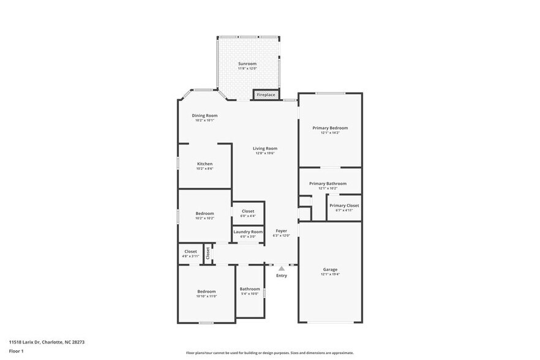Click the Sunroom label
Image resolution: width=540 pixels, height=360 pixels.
[247, 64]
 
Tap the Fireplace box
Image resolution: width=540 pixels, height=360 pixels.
[266, 95]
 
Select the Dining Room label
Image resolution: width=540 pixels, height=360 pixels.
[204, 116]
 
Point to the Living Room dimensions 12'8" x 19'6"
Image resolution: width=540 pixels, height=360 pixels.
[265, 153]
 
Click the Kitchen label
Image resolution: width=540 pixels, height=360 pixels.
[204, 164]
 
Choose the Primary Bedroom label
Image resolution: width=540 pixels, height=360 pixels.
[330, 128]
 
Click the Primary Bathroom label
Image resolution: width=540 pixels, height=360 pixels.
[328, 184]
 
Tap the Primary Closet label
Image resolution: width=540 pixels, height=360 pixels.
[344, 206]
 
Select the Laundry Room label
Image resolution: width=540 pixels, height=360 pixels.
[248, 232]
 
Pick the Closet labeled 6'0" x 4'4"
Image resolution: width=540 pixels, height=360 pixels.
[248, 211]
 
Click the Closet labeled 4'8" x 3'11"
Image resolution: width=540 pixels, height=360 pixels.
[191, 252]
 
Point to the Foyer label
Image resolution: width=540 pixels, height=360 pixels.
[281, 231]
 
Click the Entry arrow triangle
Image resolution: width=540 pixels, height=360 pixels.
[282, 268]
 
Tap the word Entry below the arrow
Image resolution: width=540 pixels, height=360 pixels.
[282, 276]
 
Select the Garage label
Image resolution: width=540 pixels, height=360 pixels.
[330, 269]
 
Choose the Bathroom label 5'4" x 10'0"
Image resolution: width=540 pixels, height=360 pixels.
[250, 289]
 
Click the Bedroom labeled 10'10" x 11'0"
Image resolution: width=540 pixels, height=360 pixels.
[206, 291]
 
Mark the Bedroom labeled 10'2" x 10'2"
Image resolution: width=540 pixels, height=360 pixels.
[204, 213]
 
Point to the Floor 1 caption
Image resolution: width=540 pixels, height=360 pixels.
[17, 351]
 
